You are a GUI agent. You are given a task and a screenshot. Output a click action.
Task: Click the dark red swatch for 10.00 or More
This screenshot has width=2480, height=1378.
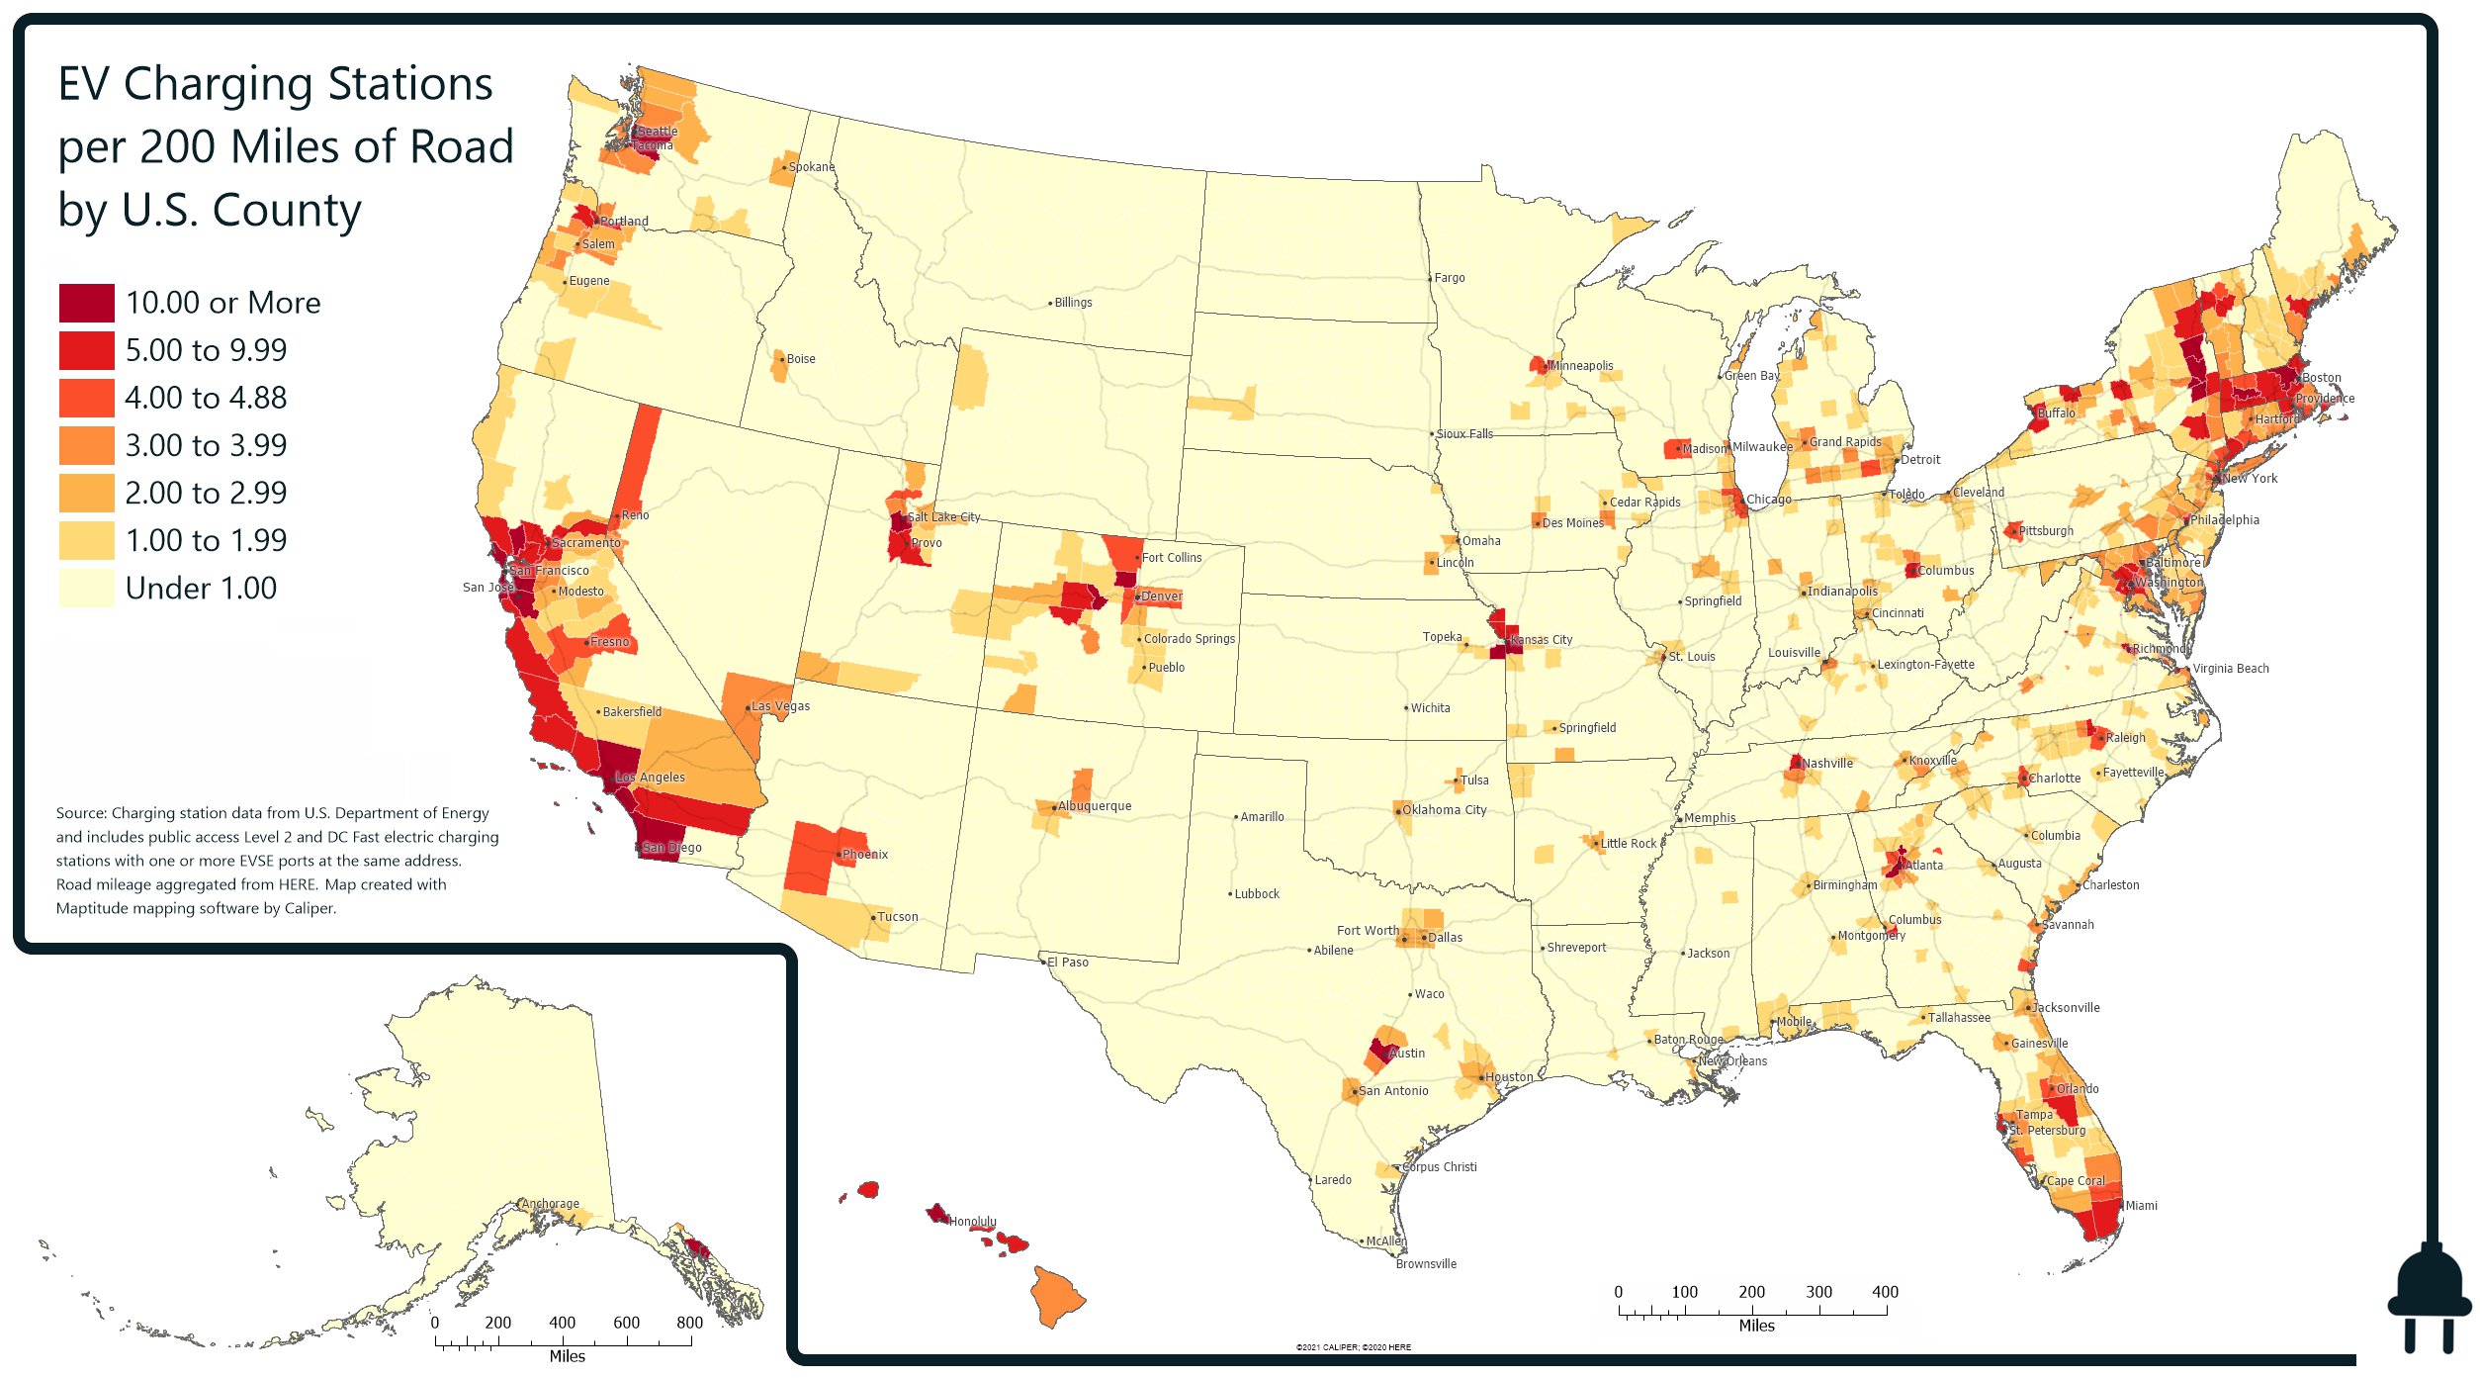tap(87, 303)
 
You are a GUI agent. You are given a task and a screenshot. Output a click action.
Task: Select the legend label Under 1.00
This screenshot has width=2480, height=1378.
tap(201, 589)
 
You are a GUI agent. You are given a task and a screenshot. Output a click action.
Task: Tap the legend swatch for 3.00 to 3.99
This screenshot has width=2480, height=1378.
tap(87, 445)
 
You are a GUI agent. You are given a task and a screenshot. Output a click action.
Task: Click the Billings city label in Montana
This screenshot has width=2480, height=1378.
tap(1073, 303)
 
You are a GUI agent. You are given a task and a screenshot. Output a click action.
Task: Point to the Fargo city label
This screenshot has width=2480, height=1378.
tap(1450, 278)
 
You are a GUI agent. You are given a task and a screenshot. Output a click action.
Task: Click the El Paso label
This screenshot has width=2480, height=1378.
tap(1067, 963)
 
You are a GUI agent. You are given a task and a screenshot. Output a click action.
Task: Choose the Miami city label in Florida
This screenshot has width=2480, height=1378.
tap(2141, 1206)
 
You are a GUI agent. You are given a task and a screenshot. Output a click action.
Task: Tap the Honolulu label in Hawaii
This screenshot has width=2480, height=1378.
tap(972, 1222)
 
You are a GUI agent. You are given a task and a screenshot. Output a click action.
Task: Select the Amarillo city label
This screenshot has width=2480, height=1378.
tap(1262, 817)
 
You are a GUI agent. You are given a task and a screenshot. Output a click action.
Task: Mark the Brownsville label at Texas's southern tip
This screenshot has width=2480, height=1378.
tap(1426, 1264)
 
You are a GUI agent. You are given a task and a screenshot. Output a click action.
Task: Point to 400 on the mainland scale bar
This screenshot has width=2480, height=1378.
tap(1885, 1292)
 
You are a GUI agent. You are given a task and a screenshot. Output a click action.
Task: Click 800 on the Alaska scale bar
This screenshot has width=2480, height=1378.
tap(689, 1323)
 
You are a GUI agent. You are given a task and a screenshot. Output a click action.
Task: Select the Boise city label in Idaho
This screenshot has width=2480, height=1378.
tap(800, 359)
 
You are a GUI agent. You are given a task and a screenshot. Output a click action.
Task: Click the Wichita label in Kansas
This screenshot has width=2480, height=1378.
tap(1430, 708)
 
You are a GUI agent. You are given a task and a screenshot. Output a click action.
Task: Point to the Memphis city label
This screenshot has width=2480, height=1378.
tap(1710, 818)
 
